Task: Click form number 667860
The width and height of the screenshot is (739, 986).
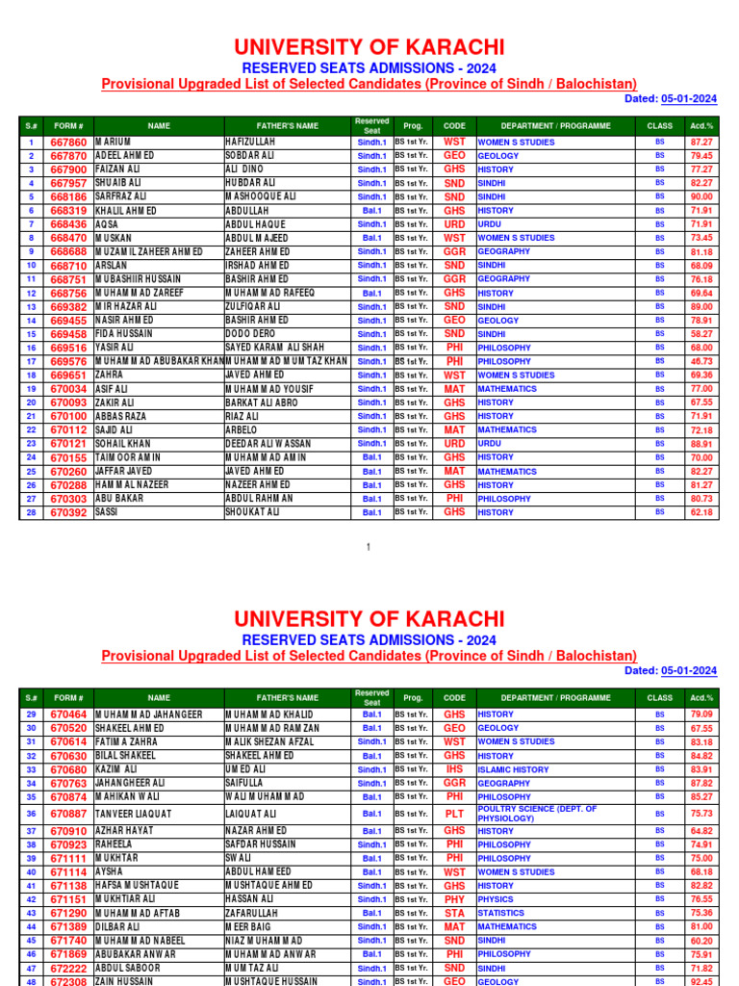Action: (x=68, y=142)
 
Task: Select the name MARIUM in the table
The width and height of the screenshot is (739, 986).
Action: (x=113, y=142)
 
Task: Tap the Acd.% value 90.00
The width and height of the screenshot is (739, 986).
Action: (x=701, y=196)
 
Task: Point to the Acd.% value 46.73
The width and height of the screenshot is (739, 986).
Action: (x=701, y=361)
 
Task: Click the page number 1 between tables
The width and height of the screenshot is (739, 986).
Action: (x=369, y=547)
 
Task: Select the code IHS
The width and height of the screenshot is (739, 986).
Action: (x=454, y=769)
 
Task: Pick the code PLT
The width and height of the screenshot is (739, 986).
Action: (x=454, y=814)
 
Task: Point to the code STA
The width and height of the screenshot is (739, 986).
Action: (x=454, y=913)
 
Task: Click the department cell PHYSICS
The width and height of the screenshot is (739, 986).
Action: (x=496, y=899)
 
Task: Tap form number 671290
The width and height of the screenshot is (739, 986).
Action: (x=68, y=913)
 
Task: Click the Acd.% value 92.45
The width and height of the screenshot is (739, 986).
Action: (x=701, y=981)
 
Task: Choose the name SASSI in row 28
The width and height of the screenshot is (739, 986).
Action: (x=106, y=513)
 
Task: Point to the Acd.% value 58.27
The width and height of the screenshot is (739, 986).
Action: (x=701, y=334)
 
